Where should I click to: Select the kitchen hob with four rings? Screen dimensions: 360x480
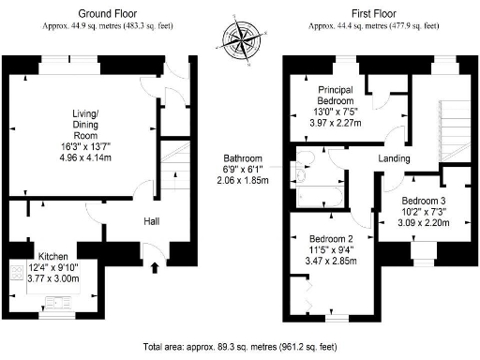tap(17, 274)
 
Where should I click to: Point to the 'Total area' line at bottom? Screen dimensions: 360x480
tap(240, 345)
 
